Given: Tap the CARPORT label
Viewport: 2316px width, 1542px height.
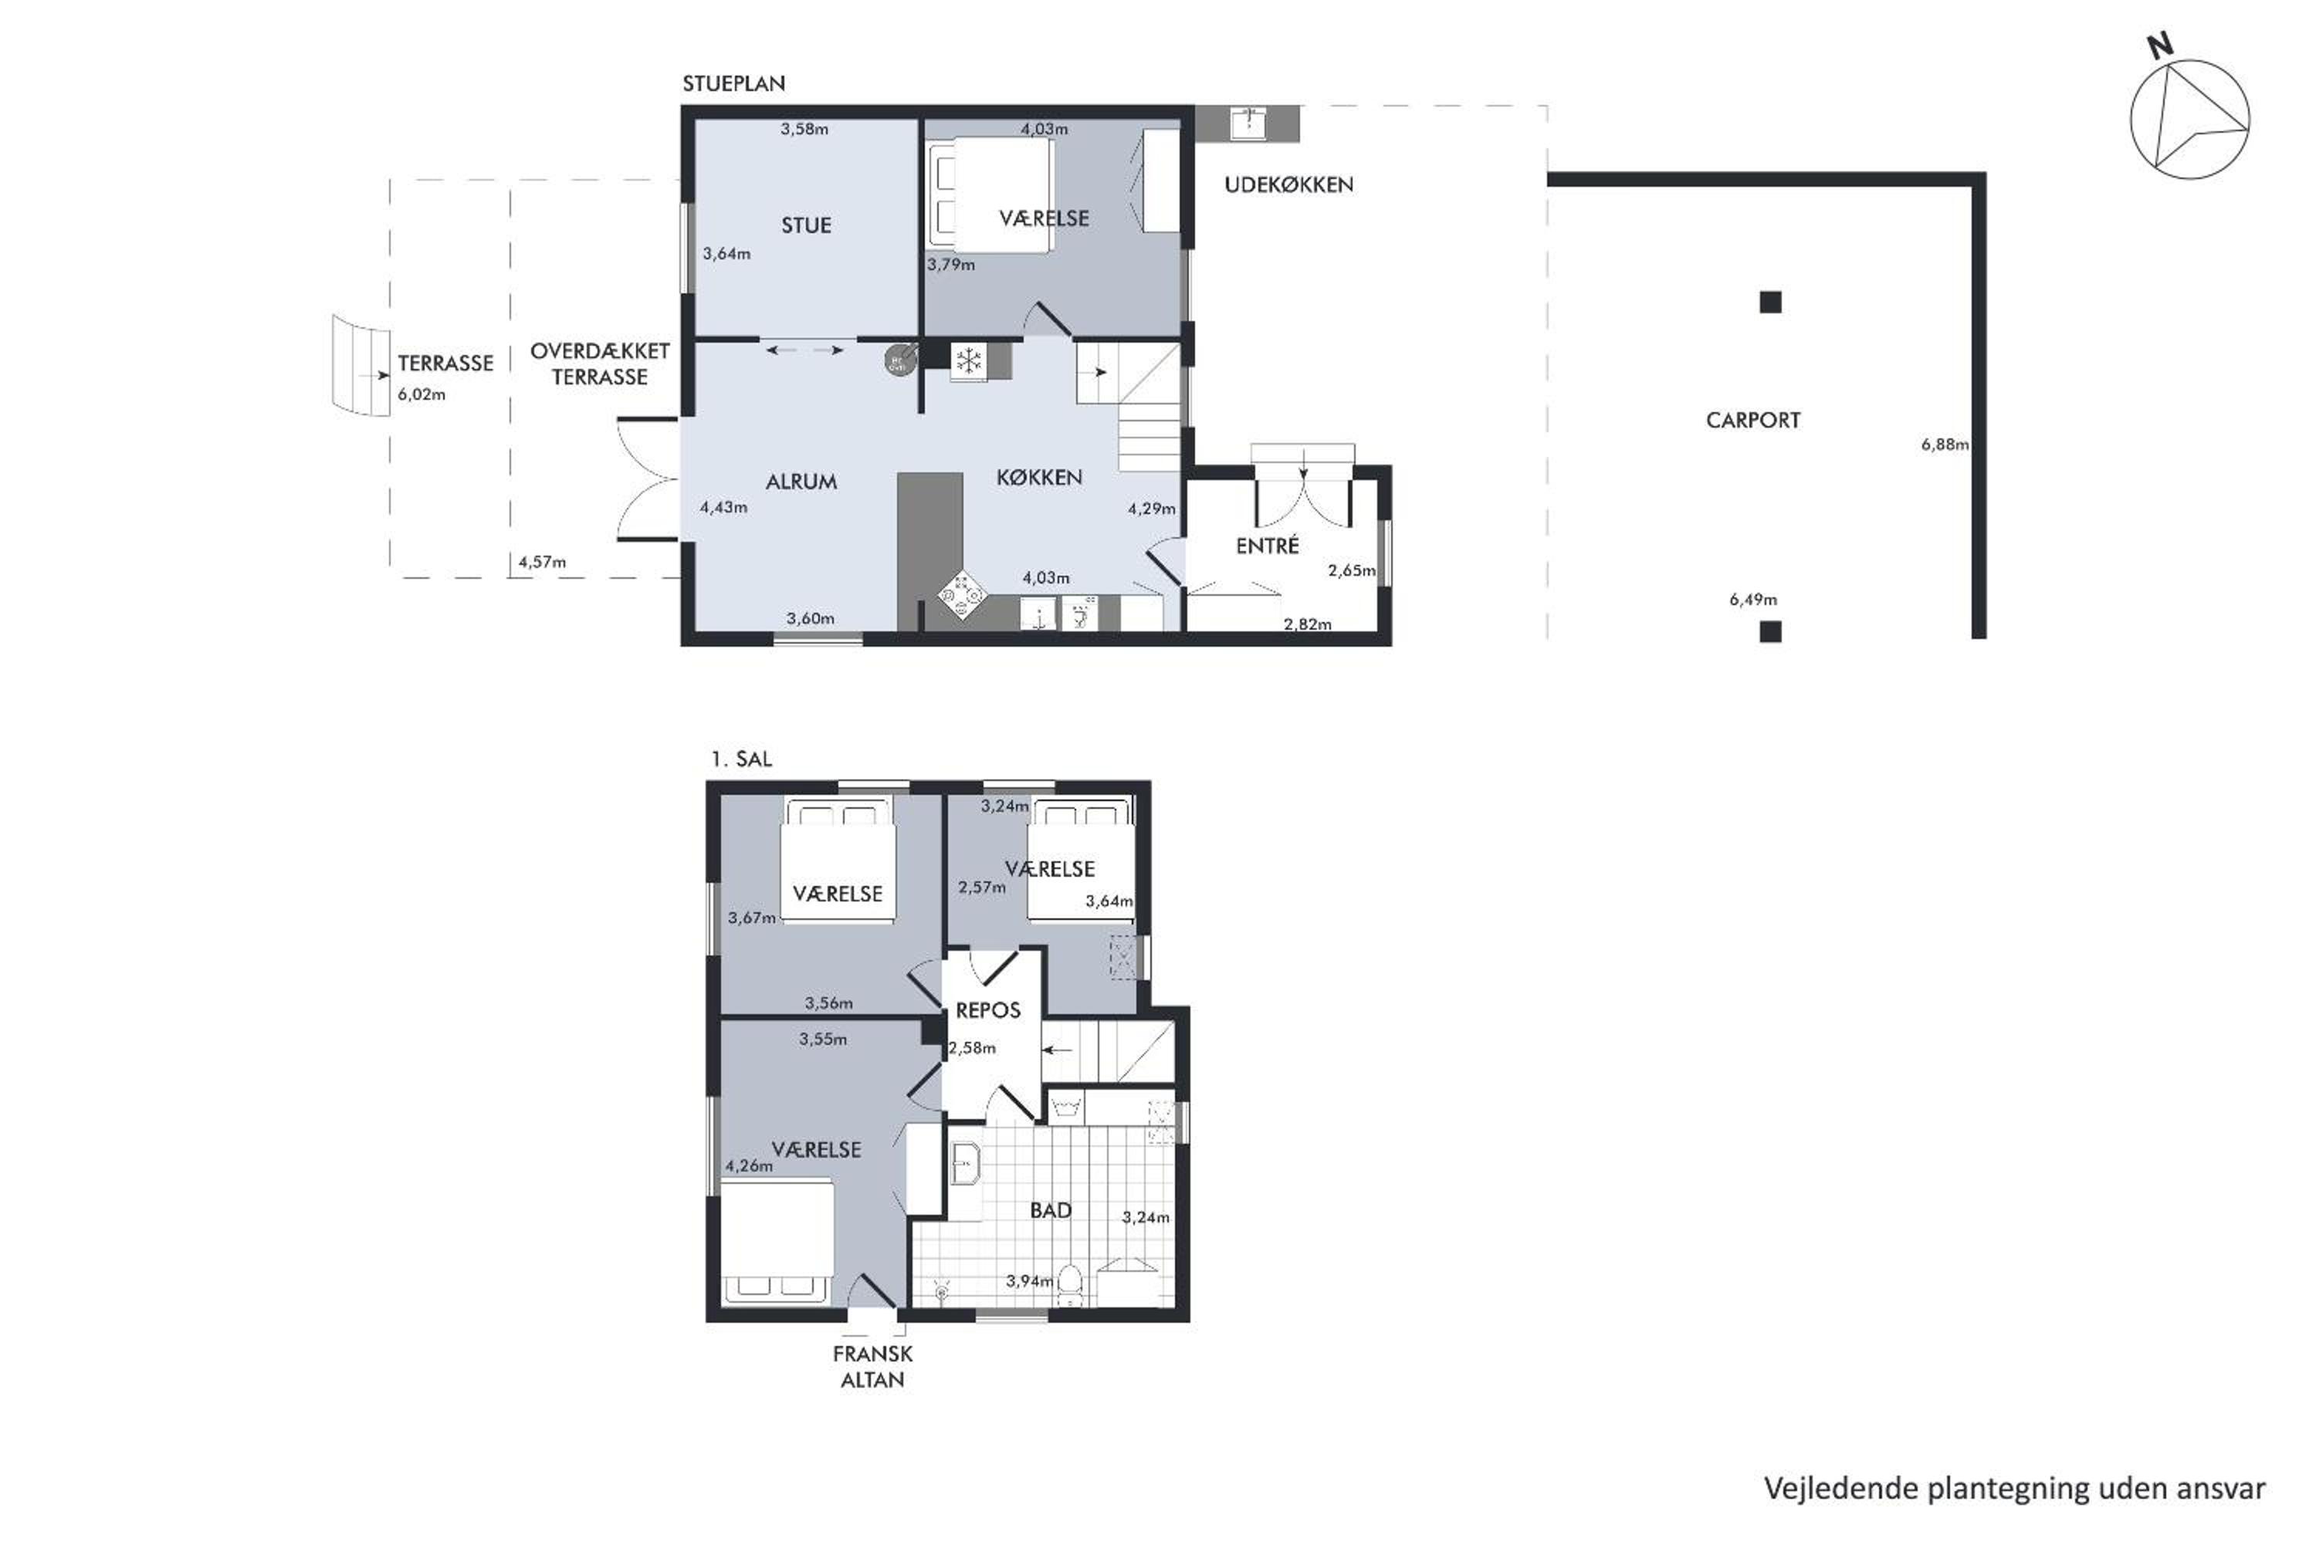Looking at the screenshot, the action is pos(1752,421).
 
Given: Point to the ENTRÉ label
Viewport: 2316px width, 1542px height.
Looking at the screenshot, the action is pos(1267,545).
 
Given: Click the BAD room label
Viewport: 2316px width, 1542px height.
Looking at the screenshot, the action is pos(1051,1211).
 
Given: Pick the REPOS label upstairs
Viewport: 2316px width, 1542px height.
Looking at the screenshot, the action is pos(987,1010).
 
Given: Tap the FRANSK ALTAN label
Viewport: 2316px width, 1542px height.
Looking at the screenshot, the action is pos(872,1366).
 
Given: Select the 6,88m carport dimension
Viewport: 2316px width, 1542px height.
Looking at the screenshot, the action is pos(1944,445).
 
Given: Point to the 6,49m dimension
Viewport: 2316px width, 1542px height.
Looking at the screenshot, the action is pos(1752,599).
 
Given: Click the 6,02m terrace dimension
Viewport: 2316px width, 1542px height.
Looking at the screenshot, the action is pos(421,394).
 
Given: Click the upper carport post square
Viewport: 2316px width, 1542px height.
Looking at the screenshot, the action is pos(1770,302).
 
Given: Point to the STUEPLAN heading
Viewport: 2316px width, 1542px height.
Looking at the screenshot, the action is pos(733,83).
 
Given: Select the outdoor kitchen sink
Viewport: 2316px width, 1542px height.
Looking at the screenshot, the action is pos(1248,123).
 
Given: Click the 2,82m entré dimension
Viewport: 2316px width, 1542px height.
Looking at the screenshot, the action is pos(1307,624).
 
